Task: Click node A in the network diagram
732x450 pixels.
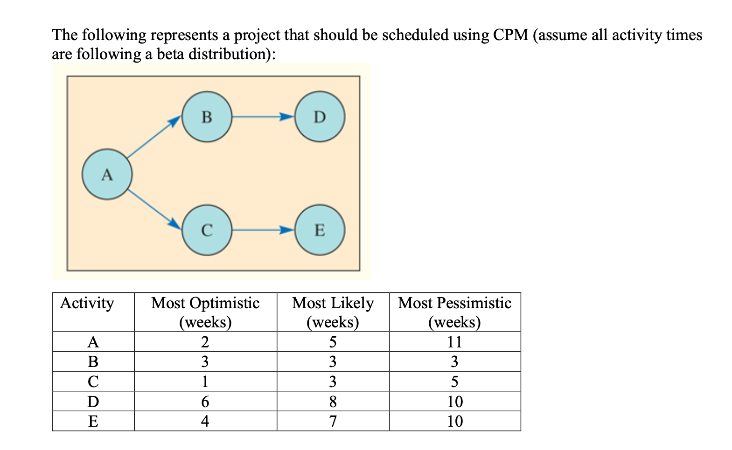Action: [x=107, y=174]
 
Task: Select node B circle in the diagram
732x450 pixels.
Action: [x=207, y=117]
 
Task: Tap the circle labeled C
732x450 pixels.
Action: [x=207, y=230]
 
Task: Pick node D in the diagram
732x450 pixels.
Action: [x=320, y=117]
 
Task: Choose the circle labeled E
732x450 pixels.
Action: [x=320, y=230]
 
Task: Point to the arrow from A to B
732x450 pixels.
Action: [x=154, y=138]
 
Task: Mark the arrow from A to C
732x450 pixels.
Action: [x=154, y=210]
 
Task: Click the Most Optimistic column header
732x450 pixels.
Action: [x=205, y=312]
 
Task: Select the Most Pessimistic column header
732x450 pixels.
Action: [x=454, y=312]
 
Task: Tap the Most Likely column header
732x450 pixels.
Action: [x=333, y=312]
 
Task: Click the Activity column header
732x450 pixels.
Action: [x=87, y=303]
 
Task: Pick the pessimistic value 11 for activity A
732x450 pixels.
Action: [x=454, y=342]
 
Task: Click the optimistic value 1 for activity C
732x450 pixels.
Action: [x=205, y=381]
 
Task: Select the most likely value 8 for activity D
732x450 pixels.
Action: [x=333, y=402]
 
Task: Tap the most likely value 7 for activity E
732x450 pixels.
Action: [x=333, y=421]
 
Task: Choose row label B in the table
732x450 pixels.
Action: [x=93, y=361]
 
